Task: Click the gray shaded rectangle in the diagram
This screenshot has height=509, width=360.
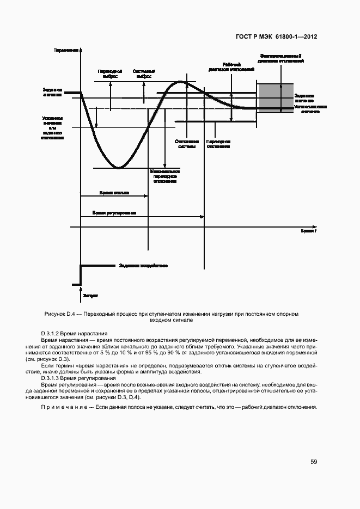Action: pyautogui.click(x=276, y=98)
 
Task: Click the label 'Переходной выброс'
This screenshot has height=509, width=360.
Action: pyautogui.click(x=110, y=74)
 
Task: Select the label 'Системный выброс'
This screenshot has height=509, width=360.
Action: pyautogui.click(x=144, y=74)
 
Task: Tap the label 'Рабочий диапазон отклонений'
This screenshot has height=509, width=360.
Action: pyautogui.click(x=231, y=66)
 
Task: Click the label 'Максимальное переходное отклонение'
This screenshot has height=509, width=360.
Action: pyautogui.click(x=165, y=176)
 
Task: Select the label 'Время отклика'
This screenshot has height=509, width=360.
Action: pyautogui.click(x=114, y=193)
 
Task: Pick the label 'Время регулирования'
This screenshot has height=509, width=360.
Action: pyautogui.click(x=114, y=213)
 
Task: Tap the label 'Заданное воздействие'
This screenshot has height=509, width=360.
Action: pyautogui.click(x=143, y=266)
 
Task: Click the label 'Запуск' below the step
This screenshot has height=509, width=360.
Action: pyautogui.click(x=90, y=296)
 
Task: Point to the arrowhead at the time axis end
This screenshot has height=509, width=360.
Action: pyautogui.click(x=315, y=225)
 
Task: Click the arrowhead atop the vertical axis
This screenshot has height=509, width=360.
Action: pyautogui.click(x=81, y=49)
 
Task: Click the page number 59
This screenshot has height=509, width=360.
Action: pyautogui.click(x=314, y=462)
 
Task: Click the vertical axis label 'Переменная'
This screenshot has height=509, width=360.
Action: pyautogui.click(x=66, y=50)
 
